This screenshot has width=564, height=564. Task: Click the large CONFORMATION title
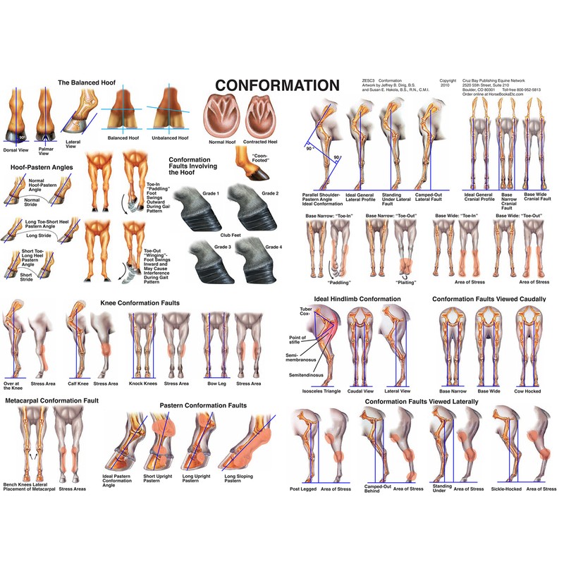click(277, 85)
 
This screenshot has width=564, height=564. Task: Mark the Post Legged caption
click(305, 489)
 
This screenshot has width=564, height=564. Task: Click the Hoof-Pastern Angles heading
click(41, 167)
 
